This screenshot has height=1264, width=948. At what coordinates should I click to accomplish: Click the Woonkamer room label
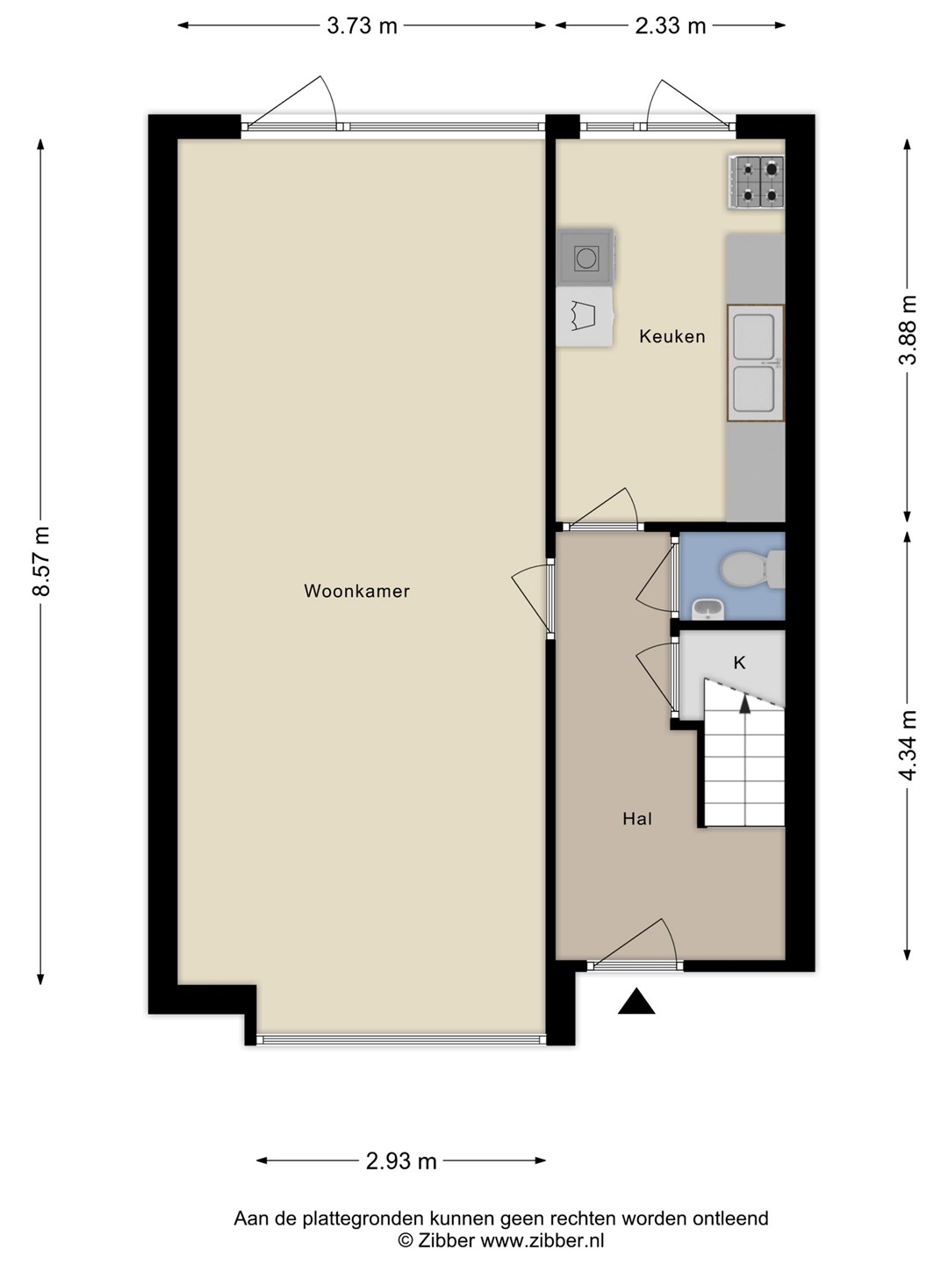click(357, 591)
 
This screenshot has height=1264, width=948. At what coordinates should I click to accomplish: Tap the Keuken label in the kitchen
click(672, 336)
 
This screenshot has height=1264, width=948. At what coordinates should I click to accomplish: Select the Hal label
click(637, 819)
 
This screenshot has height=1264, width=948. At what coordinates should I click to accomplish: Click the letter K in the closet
click(740, 663)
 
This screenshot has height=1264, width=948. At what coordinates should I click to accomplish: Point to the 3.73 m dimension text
click(362, 26)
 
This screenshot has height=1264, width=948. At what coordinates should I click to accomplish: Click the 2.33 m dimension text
click(671, 26)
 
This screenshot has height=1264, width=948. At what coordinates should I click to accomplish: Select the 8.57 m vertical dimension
click(41, 560)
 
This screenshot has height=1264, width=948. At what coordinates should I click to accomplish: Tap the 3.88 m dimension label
click(908, 330)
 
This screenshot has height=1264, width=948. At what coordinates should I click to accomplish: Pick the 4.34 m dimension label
click(908, 745)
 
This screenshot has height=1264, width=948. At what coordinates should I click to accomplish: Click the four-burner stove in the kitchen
click(757, 182)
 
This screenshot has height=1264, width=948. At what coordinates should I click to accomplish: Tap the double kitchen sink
click(756, 363)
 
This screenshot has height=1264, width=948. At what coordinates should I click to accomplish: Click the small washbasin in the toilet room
click(708, 608)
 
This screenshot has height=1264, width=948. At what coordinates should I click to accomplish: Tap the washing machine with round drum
click(585, 257)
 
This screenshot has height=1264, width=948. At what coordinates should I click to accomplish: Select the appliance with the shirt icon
click(585, 317)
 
